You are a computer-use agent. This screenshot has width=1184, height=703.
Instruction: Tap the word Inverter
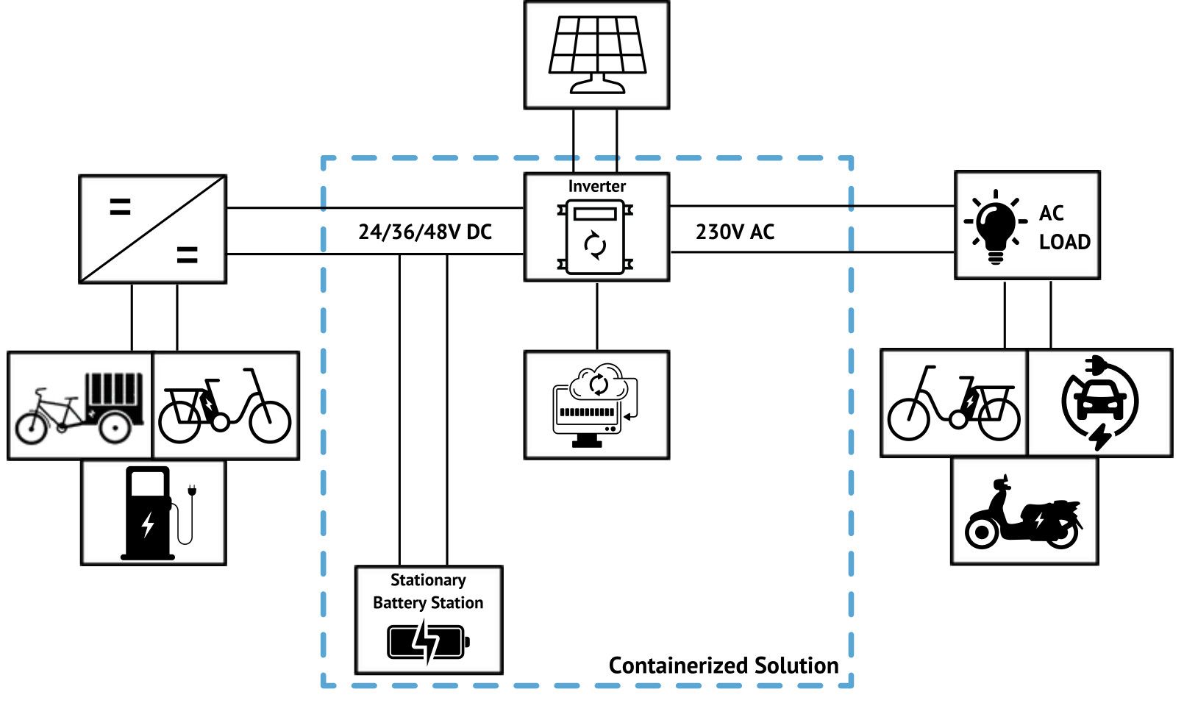tap(596, 186)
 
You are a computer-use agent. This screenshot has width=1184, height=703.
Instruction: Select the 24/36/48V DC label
tap(425, 232)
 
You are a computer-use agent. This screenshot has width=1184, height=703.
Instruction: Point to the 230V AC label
tap(735, 232)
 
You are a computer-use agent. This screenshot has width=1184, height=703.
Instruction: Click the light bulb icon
tap(995, 225)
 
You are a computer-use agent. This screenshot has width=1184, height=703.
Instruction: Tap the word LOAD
tap(1064, 242)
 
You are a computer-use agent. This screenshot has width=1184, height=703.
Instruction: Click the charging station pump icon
tap(150, 513)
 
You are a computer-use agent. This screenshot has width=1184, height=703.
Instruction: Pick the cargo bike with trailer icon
tap(79, 407)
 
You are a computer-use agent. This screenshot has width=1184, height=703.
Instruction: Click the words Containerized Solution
tap(724, 665)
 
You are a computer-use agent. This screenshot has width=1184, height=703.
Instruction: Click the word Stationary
tap(428, 580)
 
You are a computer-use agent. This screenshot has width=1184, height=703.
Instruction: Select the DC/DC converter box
tap(152, 229)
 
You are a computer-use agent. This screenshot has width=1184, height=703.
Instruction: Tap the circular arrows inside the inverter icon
tap(596, 245)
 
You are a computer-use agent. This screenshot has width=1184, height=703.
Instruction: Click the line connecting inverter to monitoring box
tap(596, 316)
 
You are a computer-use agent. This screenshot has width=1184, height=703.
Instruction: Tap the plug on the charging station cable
tap(192, 490)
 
